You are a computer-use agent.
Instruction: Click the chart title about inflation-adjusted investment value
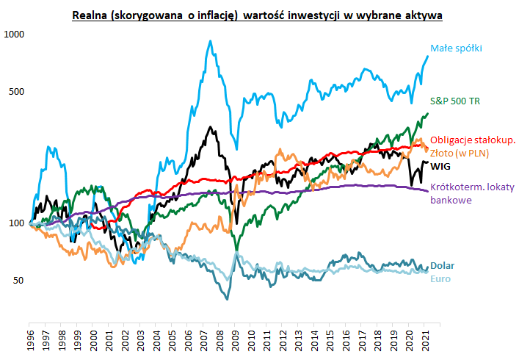[x=259, y=14]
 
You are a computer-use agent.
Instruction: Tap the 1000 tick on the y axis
[x=15, y=35]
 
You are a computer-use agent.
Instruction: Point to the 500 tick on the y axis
[x=17, y=92]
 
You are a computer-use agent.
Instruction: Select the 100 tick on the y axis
[x=17, y=223]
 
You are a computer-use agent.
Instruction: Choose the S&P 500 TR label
[x=454, y=101]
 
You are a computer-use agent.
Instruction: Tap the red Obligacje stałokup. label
[x=473, y=140]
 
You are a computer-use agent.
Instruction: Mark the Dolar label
[x=442, y=265]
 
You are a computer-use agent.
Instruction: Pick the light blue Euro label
[x=440, y=278]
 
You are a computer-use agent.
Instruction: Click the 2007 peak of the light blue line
[x=211, y=41]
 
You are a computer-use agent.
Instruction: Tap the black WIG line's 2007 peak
[x=211, y=128]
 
